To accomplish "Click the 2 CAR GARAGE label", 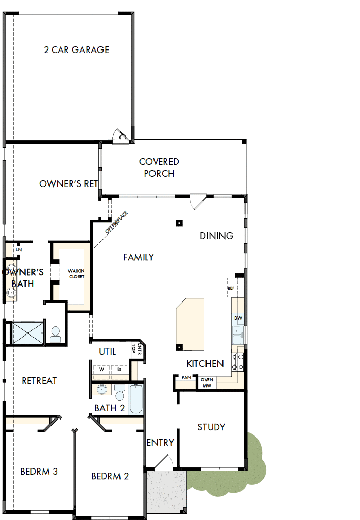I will (x=76, y=50).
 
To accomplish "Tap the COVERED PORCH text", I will (x=159, y=167).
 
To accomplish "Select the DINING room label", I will (x=216, y=236).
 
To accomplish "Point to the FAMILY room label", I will (x=139, y=257).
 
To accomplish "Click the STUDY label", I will (x=211, y=427).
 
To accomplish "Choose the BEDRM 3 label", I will (x=39, y=471).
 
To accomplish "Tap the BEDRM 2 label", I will (x=110, y=476).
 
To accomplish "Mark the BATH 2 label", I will (x=110, y=408).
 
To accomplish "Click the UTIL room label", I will (x=107, y=351).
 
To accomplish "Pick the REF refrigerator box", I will (x=231, y=288).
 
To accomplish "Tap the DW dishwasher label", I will (x=238, y=318).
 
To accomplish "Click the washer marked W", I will (x=101, y=370).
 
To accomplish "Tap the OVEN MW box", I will (x=207, y=382).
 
